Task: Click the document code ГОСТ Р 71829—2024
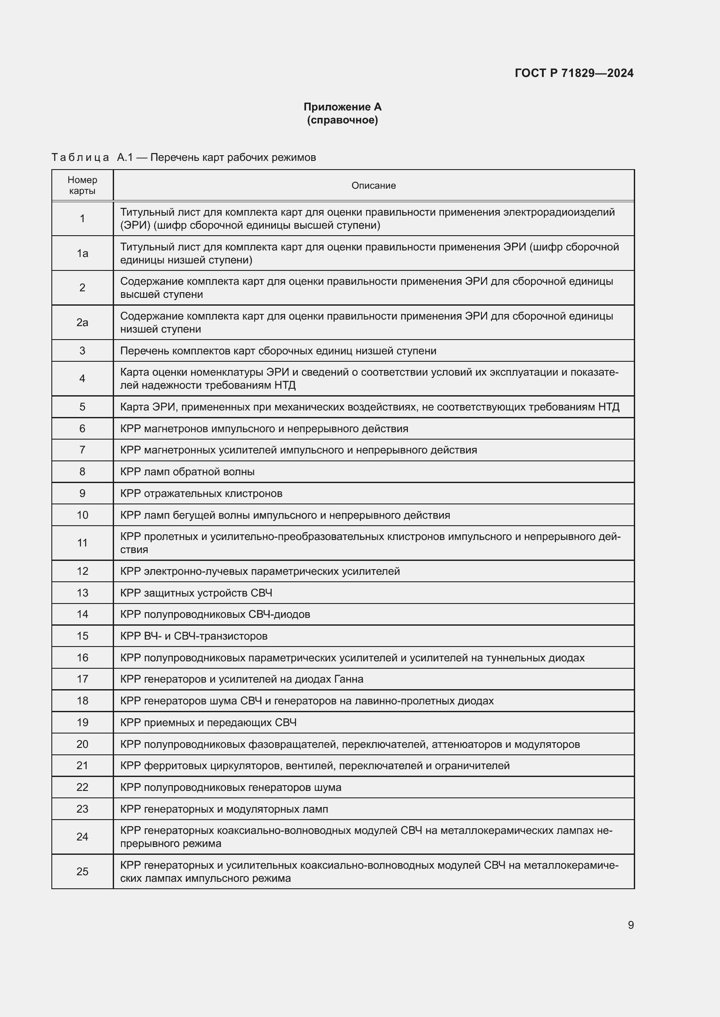pyautogui.click(x=574, y=73)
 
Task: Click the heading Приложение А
pyautogui.click(x=342, y=107)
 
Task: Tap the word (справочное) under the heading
pyautogui.click(x=342, y=120)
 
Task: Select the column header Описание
pyautogui.click(x=373, y=186)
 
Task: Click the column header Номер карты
pyautogui.click(x=82, y=186)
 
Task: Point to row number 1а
pyautogui.click(x=82, y=253)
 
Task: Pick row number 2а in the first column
pyautogui.click(x=82, y=323)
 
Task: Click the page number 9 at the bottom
pyautogui.click(x=630, y=925)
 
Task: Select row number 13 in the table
pyautogui.click(x=82, y=593)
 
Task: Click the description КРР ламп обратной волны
pyautogui.click(x=187, y=472)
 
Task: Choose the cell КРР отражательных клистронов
pyautogui.click(x=201, y=493)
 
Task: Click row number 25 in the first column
pyautogui.click(x=82, y=872)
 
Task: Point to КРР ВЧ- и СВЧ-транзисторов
pyautogui.click(x=194, y=636)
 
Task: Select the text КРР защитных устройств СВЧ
pyautogui.click(x=196, y=593)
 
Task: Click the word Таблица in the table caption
pyautogui.click(x=80, y=158)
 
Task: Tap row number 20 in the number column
pyautogui.click(x=82, y=744)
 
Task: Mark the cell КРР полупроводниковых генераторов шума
pyautogui.click(x=231, y=787)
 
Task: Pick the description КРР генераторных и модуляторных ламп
pyautogui.click(x=224, y=809)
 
